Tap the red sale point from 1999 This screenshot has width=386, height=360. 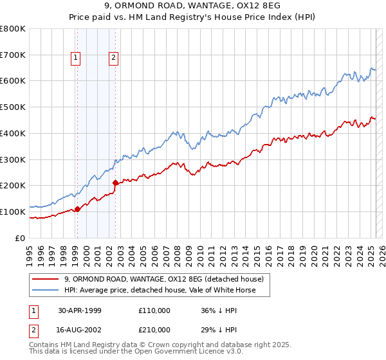77,208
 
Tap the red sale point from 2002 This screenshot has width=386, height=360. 115,183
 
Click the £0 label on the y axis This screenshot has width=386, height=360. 20,238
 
